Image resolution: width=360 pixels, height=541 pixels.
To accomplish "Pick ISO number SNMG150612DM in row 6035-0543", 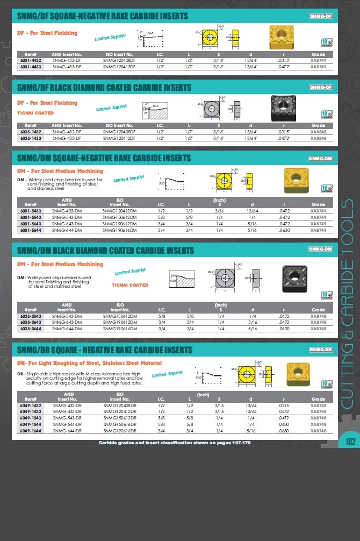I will point(120,316).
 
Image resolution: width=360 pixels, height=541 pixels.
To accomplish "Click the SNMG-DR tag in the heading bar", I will point(321,350).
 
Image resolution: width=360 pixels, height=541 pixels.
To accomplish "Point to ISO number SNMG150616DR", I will point(120,424).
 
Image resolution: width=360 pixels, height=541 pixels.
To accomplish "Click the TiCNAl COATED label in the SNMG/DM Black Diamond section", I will point(129,285).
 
